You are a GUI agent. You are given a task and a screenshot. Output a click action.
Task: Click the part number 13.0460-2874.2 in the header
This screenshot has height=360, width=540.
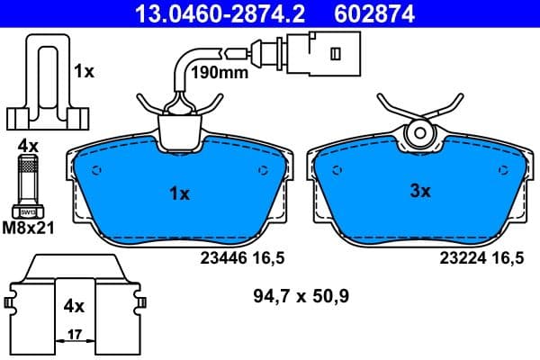pos(206,13)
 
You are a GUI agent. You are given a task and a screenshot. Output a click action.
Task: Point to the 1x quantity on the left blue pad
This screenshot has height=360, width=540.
pos(179,192)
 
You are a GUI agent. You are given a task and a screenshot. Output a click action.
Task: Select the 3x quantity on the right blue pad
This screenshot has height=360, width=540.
pos(420,191)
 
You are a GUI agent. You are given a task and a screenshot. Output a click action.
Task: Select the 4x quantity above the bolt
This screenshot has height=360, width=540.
pos(29,144)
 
